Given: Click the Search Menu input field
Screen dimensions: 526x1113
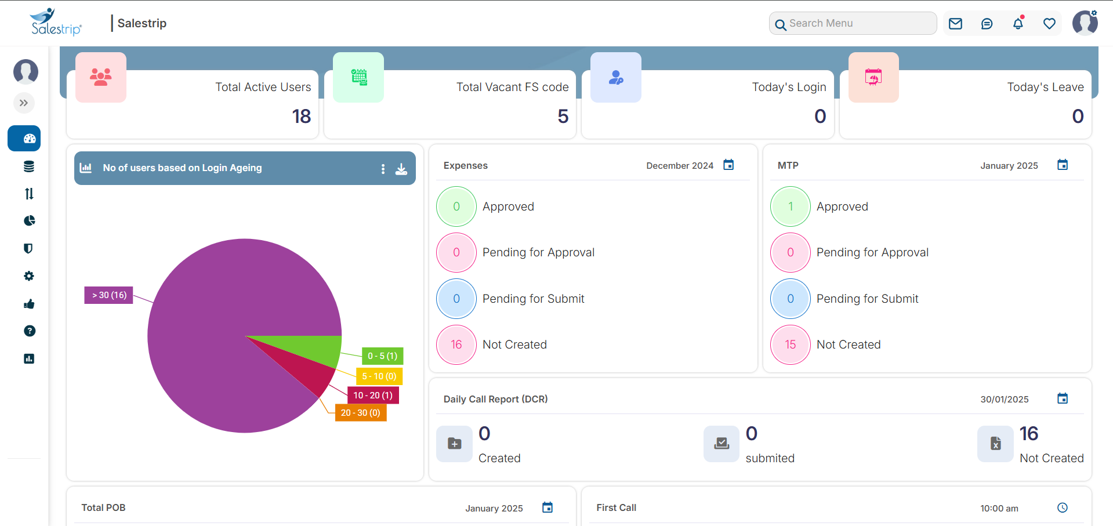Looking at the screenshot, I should (858, 23).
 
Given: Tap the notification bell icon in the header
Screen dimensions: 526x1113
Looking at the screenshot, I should (1018, 23).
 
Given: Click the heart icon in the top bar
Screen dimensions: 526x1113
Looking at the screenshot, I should (1049, 23).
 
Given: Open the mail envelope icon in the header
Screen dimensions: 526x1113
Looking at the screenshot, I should (955, 23).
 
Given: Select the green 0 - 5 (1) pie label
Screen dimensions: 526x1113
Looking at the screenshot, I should (383, 356).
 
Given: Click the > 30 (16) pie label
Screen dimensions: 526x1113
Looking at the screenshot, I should (109, 295).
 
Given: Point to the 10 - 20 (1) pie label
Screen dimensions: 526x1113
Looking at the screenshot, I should (373, 396).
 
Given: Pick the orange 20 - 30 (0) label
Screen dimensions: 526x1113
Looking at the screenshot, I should (360, 413).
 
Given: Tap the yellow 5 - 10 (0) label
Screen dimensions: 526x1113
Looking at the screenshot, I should (379, 376).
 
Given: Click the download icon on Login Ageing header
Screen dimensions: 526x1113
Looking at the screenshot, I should (401, 169).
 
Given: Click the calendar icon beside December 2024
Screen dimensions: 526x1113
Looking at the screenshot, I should (728, 165).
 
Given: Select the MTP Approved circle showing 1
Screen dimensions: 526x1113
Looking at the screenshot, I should (790, 206).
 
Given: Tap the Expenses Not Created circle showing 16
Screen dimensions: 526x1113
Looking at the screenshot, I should (456, 344).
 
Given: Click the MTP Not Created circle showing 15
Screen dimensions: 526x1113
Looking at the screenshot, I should (790, 344).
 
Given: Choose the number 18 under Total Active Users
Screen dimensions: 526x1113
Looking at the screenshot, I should (302, 117).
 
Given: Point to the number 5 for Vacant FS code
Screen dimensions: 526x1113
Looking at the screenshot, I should (563, 117).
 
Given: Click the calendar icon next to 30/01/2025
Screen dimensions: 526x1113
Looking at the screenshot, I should (1063, 398).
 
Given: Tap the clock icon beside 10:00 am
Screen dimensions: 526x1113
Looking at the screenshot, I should (1063, 507).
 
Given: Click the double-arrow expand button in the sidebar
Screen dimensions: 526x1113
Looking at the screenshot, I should (24, 103).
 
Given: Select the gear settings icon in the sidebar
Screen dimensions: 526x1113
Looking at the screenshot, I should (29, 276).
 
